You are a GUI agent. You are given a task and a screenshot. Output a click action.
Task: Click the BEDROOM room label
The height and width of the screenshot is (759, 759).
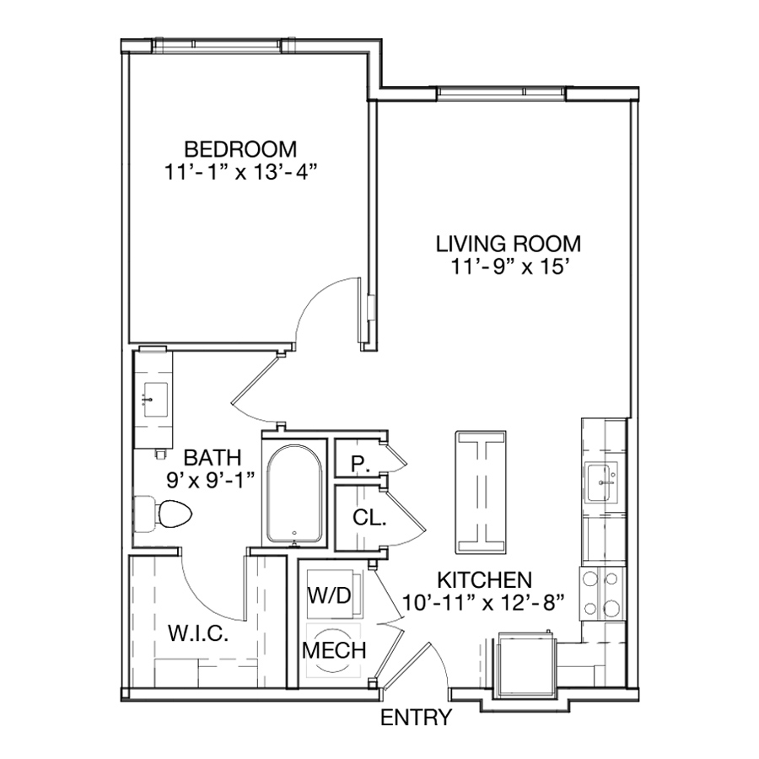[240, 149]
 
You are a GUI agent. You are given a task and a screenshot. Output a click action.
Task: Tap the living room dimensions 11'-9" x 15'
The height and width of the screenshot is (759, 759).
[509, 266]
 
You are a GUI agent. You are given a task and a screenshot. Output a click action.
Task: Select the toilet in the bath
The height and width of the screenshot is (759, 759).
[163, 514]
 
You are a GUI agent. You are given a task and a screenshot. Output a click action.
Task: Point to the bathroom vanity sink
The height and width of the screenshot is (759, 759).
[155, 400]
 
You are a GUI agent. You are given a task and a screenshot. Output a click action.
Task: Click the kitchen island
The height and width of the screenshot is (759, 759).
[481, 493]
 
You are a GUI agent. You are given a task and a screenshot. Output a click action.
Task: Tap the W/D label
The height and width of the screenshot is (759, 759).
[330, 595]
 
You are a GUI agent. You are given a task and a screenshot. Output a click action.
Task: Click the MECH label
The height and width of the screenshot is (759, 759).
[334, 650]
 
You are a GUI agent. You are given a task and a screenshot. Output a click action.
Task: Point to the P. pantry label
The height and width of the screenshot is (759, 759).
[360, 464]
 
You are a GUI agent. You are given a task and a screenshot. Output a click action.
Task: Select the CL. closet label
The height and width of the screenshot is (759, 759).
[369, 518]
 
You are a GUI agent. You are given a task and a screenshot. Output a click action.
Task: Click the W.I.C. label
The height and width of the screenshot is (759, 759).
[198, 633]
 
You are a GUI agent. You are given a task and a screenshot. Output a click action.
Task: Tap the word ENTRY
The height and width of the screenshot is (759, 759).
[417, 718]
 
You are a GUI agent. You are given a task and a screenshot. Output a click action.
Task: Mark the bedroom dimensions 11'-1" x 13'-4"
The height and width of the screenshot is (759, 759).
[240, 172]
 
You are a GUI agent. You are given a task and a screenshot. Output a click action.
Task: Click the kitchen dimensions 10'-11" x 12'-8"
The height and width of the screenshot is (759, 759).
[483, 603]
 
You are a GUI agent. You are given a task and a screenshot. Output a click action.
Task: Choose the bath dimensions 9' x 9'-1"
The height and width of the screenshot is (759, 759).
[210, 480]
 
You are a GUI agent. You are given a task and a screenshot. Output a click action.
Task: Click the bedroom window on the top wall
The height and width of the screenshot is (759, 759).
[218, 45]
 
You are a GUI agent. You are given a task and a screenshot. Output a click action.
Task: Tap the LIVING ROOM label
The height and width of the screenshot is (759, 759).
[509, 244]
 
